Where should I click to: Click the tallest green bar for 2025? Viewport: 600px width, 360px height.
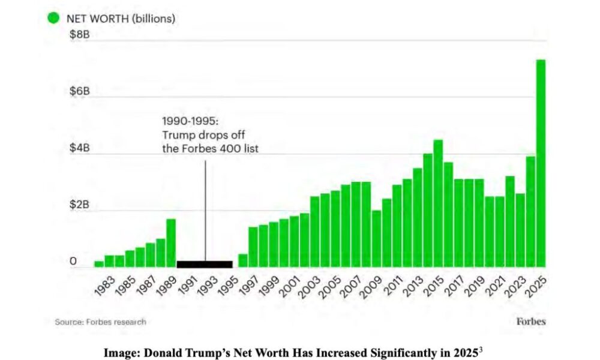tap(541, 162)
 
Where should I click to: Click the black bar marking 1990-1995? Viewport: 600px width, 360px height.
tap(205, 264)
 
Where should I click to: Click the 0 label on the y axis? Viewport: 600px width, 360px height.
tap(73, 261)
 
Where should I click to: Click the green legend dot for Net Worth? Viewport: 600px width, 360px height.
tap(53, 18)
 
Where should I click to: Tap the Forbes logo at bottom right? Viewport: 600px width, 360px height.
tap(531, 321)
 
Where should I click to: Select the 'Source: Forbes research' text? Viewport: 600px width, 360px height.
tap(100, 322)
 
